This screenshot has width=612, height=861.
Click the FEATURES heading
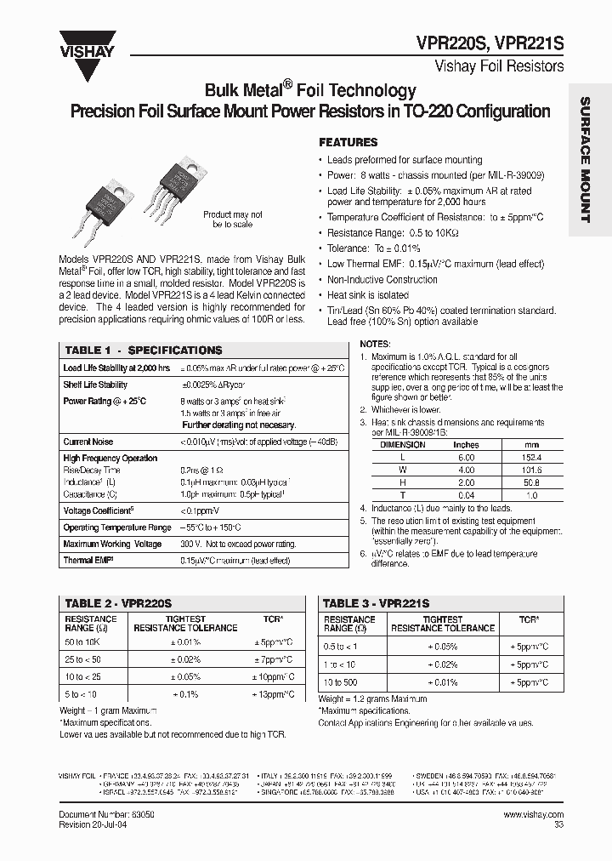(348, 143)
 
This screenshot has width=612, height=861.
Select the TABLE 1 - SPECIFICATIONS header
(143, 351)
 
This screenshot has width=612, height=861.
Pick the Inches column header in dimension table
(467, 445)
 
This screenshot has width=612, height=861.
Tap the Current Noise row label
(88, 442)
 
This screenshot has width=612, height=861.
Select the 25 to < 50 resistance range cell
(82, 659)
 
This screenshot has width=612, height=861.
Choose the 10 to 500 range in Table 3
(341, 682)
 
